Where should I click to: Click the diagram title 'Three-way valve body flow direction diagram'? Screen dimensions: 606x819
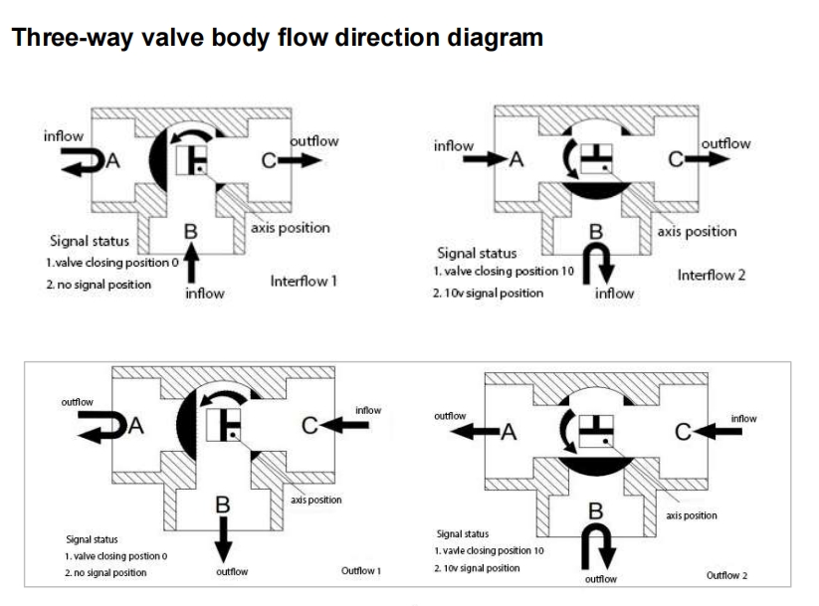coord(277,39)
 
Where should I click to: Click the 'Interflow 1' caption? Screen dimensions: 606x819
coord(304,281)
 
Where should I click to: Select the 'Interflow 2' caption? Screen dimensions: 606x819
coord(711,275)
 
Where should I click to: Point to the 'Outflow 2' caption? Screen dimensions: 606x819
coord(726,575)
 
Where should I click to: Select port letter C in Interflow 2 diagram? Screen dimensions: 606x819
coord(675,158)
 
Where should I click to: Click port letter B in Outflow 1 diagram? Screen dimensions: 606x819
coord(223,505)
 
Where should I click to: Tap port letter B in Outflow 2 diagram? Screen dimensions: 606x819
coord(596,510)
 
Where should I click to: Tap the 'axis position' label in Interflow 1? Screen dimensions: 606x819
coord(290,228)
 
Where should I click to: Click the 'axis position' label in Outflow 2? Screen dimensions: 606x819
coord(691,515)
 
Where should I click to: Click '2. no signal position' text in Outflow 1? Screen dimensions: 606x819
coord(105,572)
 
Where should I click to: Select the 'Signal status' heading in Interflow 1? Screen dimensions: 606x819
coord(89,241)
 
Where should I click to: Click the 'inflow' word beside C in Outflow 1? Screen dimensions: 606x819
coord(367,410)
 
